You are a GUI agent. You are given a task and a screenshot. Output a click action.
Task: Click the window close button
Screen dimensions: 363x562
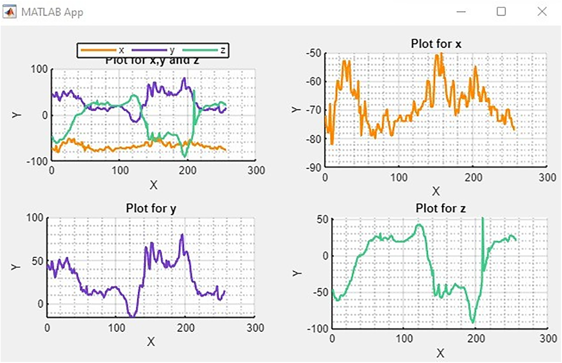[x=542, y=12]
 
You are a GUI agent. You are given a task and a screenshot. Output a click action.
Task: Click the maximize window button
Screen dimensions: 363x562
[x=501, y=12]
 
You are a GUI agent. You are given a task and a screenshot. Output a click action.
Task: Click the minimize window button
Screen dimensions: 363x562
[x=461, y=12]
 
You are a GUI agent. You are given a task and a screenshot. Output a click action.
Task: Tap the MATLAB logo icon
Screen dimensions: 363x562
[x=9, y=12]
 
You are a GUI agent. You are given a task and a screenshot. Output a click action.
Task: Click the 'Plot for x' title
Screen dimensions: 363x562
[x=436, y=44]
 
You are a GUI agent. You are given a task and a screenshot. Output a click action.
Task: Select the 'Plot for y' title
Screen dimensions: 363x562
[x=151, y=208]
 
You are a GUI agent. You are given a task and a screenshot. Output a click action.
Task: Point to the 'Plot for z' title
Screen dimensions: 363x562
[x=440, y=208]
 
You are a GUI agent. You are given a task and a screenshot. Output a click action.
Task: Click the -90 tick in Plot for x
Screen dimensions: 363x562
[x=313, y=168]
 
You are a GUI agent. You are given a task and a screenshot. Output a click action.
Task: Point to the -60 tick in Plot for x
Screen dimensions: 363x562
[x=313, y=82]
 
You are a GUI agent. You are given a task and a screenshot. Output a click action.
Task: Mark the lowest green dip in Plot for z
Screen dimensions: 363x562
[x=473, y=322]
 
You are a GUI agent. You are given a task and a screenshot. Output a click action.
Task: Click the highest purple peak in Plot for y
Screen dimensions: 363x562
[x=182, y=235]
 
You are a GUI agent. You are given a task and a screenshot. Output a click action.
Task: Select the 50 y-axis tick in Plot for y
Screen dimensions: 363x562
[x=37, y=261]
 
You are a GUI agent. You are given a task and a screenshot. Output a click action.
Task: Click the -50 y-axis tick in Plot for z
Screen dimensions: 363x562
[x=320, y=292]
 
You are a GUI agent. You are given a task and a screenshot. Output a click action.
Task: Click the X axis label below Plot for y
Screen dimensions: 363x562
[x=151, y=342]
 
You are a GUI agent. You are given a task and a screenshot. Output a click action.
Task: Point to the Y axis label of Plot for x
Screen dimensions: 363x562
[x=296, y=110]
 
